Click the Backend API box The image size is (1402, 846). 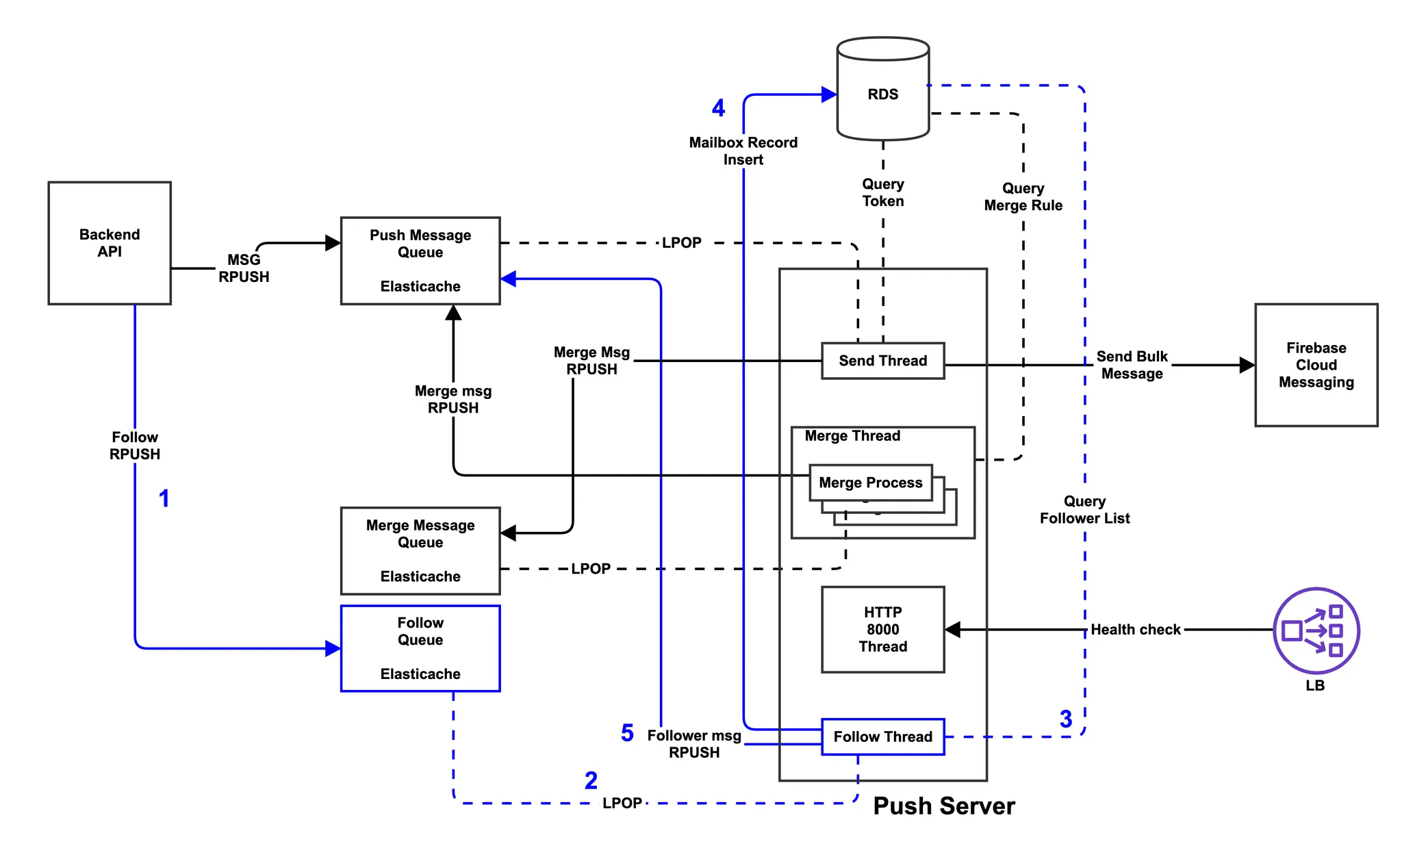110,243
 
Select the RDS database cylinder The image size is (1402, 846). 883,89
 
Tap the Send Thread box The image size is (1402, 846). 883,361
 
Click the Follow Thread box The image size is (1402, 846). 883,736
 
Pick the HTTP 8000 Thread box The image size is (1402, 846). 883,629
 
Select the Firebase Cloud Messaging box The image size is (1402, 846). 1316,365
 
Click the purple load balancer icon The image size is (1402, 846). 1316,630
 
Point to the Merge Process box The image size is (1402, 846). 871,483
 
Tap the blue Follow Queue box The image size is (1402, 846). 420,648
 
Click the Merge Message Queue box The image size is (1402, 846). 420,550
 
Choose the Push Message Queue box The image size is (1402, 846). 420,261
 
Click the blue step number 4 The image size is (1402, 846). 718,108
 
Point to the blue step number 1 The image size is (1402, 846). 164,498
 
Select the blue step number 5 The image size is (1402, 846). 627,733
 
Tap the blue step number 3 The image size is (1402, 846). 1066,719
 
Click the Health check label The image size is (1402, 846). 1135,630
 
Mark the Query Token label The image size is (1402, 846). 883,192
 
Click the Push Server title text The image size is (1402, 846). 944,806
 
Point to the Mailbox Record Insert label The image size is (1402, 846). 743,151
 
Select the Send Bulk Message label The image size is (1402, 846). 1132,365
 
